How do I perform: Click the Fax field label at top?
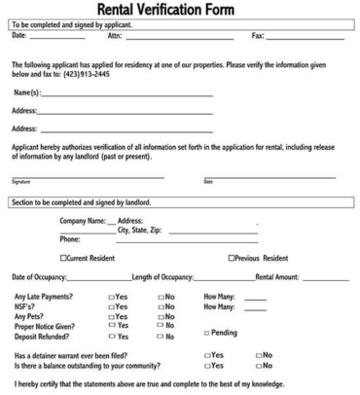point(258,36)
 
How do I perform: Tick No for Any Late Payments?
point(161,296)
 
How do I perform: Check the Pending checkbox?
point(206,333)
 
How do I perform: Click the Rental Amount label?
point(276,280)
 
